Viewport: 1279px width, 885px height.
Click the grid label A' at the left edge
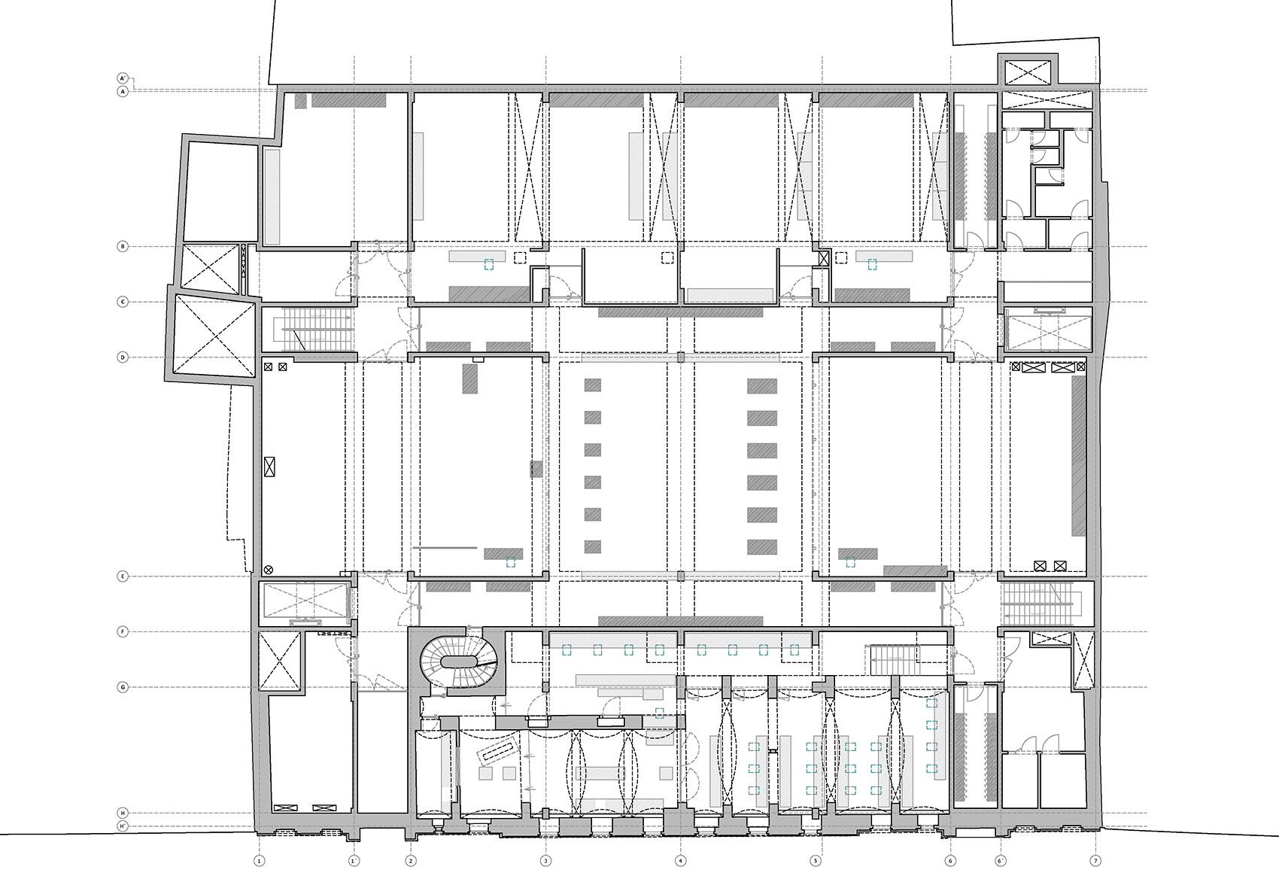[123, 78]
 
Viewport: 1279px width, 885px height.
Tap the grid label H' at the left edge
[123, 826]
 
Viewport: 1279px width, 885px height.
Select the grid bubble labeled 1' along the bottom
[354, 860]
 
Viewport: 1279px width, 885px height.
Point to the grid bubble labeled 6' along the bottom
[1001, 860]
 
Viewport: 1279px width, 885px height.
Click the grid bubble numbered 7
[1095, 860]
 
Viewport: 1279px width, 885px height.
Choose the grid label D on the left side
[123, 357]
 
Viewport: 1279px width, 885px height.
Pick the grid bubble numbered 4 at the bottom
[680, 860]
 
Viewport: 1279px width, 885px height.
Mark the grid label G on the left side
[123, 687]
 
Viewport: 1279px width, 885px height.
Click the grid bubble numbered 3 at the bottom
[545, 860]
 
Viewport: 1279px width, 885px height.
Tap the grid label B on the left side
[123, 246]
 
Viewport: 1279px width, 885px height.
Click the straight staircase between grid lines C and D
[316, 329]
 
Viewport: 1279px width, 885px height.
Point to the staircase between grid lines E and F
[1042, 604]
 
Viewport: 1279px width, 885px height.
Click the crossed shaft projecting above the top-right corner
[1028, 72]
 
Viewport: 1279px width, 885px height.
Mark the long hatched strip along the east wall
[1078, 455]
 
